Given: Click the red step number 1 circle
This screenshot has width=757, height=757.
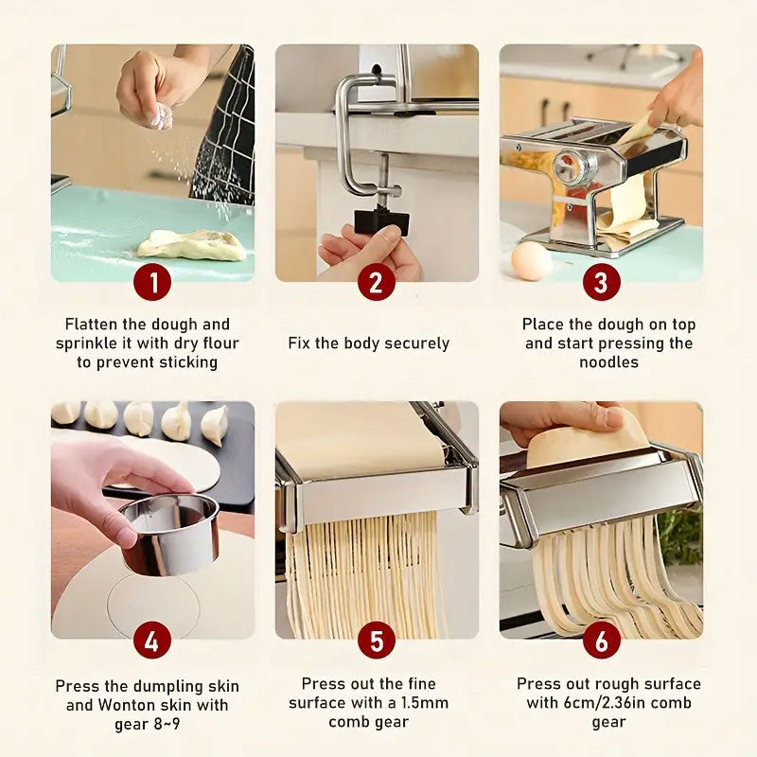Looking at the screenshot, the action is [x=152, y=282].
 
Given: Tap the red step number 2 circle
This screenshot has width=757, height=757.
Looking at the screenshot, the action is [x=377, y=282].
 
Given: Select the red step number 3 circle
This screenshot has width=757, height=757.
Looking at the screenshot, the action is [x=601, y=282].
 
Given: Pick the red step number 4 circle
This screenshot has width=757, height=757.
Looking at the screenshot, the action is [x=152, y=641].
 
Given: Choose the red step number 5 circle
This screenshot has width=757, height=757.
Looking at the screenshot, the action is [x=377, y=641].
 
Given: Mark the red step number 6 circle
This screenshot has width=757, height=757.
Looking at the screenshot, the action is [x=601, y=641].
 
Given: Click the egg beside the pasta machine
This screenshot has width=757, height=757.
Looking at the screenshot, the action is [x=532, y=261].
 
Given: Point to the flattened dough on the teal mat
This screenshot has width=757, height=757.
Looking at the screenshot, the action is [x=191, y=244].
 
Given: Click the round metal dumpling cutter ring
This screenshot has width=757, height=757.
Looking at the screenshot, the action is [x=170, y=534].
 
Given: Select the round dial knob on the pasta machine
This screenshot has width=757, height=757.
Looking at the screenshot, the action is [x=574, y=167].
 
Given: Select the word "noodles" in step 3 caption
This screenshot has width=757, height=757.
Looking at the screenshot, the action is [x=608, y=362].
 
